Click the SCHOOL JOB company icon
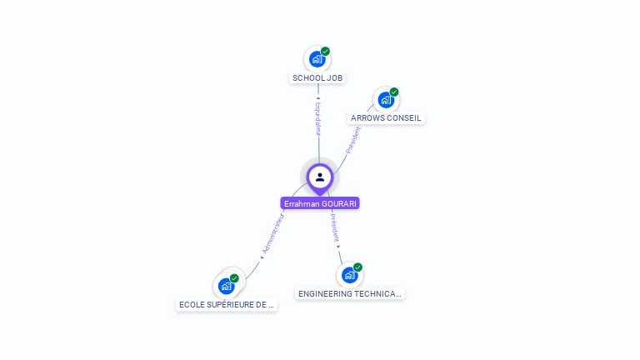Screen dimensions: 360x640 point(317,59)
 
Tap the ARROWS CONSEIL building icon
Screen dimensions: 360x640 point(385,100)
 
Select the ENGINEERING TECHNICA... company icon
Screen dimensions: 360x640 point(349,275)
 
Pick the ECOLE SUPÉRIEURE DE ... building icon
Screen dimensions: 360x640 point(226,286)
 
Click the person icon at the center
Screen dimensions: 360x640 point(320,177)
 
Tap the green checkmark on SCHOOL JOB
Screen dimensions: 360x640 point(326,51)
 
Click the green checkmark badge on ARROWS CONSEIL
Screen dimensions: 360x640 point(394,92)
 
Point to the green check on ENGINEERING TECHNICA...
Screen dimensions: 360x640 point(358,267)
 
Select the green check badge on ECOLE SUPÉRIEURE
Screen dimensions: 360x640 point(235,277)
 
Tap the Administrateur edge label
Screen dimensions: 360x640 point(272,233)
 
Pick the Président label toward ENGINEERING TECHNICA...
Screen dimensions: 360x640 point(334,227)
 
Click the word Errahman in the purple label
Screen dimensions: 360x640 point(301,203)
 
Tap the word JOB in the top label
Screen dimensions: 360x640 point(334,78)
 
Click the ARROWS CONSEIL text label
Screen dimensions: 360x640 point(386,118)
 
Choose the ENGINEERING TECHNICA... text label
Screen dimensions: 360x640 point(350,294)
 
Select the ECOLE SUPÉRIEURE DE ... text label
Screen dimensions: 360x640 point(227,305)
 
